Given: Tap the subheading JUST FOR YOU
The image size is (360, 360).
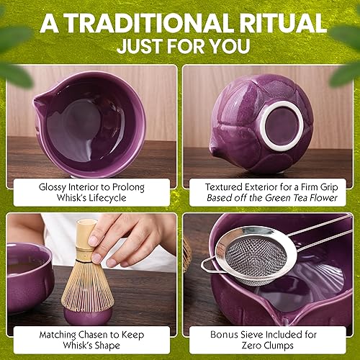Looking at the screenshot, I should pos(180,48).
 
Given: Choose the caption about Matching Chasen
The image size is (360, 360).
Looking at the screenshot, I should pos(90,336).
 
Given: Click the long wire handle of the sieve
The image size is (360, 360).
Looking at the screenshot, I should pos(324,230).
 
